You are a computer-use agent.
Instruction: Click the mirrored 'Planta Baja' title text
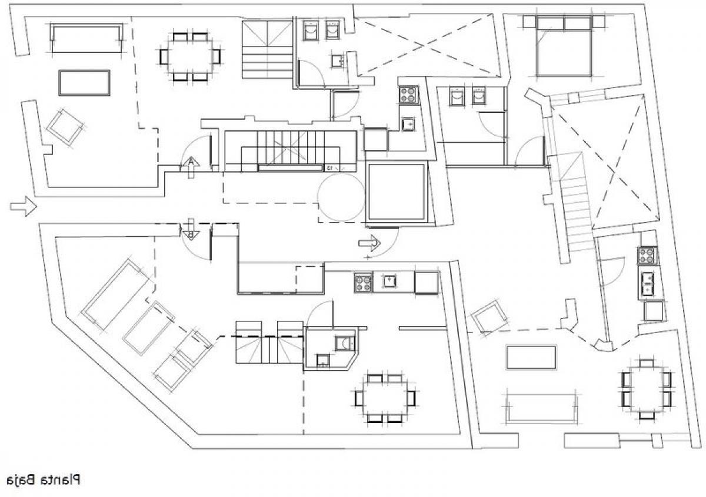point(42,480)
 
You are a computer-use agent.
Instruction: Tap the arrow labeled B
point(191,229)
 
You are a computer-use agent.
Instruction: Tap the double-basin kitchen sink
point(648,283)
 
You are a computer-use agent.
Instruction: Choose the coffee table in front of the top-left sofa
point(85,83)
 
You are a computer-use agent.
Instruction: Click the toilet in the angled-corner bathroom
point(342,342)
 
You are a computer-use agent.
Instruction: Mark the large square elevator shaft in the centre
point(396,192)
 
